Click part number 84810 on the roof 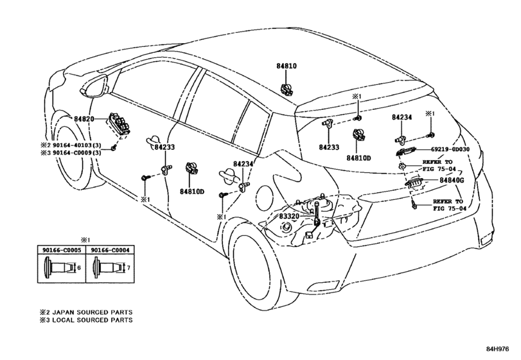[x=287, y=66]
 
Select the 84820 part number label [x=84, y=119]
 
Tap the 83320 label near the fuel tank [x=288, y=216]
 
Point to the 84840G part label [x=452, y=180]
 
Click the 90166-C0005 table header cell [x=62, y=250]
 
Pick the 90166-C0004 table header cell [x=110, y=250]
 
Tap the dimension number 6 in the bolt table [x=79, y=267]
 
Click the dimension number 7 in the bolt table [x=128, y=267]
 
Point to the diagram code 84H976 [x=497, y=349]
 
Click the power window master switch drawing [x=119, y=123]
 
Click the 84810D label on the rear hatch [x=358, y=158]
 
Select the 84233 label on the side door [x=164, y=147]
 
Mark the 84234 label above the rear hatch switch [x=402, y=117]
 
